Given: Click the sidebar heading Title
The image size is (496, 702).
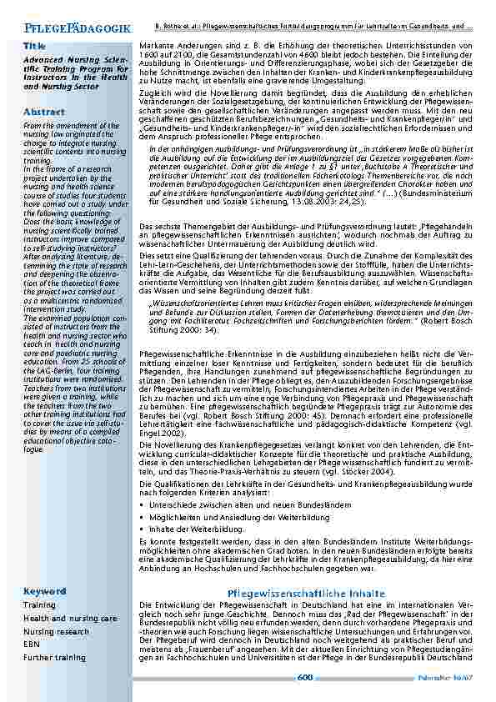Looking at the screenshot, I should pos(34,46).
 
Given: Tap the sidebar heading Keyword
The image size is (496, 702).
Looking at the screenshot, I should pos(44,591).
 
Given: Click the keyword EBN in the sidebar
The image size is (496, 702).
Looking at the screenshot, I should pos(32,644).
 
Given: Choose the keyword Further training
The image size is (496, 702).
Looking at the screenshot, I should pos(54,658).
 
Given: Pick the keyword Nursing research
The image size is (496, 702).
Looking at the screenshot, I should pos(56,632).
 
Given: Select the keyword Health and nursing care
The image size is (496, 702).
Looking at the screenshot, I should pos(70,619).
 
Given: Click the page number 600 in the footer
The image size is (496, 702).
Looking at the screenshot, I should pos(304,678).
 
